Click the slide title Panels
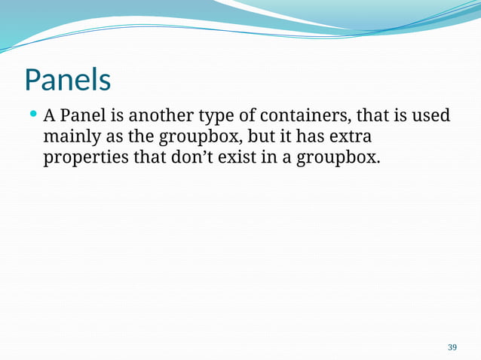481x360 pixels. pyautogui.click(x=68, y=79)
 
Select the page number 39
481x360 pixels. pyautogui.click(x=452, y=347)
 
